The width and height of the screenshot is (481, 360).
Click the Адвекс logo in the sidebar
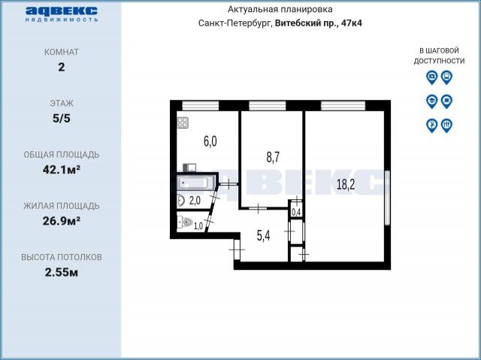pos(62,14)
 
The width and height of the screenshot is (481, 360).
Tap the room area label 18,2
pos(346,185)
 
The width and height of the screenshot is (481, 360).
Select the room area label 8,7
pos(273,157)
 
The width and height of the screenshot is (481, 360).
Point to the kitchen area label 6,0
pos(210,141)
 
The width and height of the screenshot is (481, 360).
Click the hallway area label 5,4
pos(263,236)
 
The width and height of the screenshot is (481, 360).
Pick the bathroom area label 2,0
pos(195,201)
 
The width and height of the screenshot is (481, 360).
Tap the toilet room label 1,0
pos(198,226)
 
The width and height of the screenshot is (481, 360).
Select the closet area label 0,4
pos(296,212)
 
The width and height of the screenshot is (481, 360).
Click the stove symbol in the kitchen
pos(183,123)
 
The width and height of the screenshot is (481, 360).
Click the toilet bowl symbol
pos(186,222)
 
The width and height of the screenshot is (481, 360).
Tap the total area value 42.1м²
pos(62,170)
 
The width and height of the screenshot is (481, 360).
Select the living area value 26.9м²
pos(62,221)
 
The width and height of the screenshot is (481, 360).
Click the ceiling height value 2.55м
pos(62,272)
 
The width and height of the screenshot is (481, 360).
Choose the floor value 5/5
pos(62,118)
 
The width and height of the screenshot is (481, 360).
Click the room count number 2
pos(62,67)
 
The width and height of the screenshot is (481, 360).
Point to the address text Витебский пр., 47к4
pos(319,23)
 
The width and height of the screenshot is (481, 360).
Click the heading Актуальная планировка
pos(280,10)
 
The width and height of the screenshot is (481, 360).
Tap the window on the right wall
pos(388,198)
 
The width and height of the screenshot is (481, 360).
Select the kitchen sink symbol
pos(189,168)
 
